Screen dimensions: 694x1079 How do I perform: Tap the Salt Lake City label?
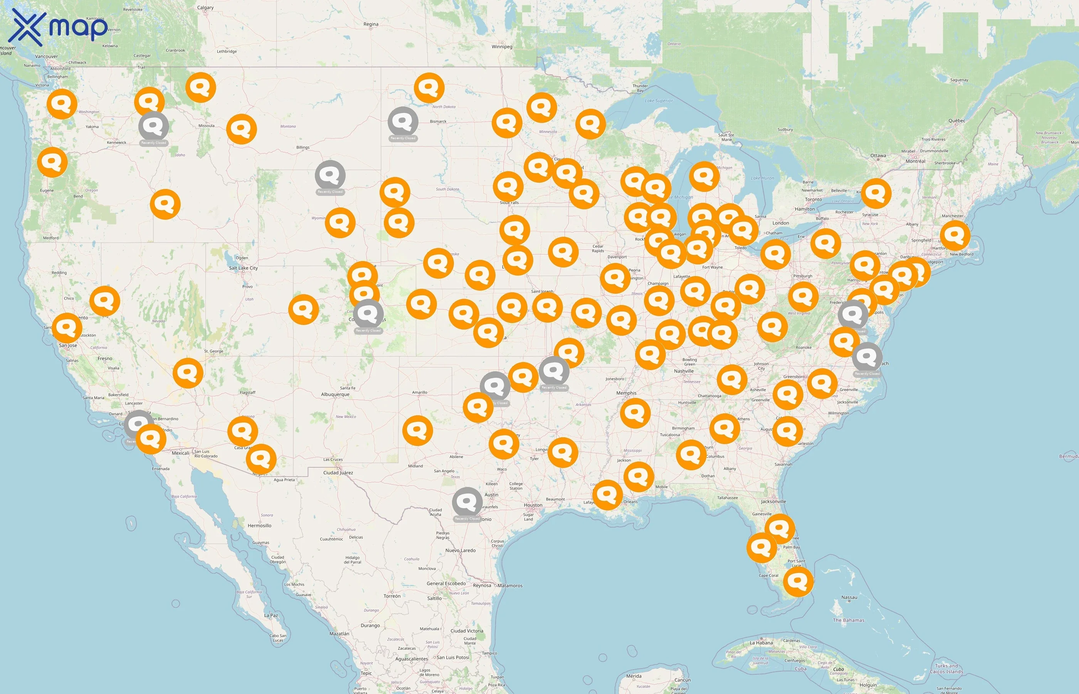(243, 268)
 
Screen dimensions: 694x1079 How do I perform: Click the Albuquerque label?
(335, 394)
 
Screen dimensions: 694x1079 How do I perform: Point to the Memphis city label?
(626, 393)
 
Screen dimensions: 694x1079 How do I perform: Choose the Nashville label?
(684, 371)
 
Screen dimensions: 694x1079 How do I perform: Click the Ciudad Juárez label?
(338, 473)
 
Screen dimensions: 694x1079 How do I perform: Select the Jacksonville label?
(773, 502)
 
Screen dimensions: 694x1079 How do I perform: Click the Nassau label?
(849, 598)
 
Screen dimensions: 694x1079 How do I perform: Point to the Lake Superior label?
(659, 101)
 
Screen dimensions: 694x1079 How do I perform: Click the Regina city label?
(371, 24)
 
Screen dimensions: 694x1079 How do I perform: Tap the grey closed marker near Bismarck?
(403, 122)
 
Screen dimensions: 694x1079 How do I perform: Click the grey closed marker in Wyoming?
(330, 175)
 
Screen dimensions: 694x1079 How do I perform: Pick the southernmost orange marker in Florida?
(798, 581)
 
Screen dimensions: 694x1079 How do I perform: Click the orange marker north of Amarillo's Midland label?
(417, 430)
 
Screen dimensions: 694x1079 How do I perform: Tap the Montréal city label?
(915, 161)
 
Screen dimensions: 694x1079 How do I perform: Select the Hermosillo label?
(259, 526)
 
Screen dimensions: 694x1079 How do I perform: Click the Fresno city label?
(105, 359)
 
